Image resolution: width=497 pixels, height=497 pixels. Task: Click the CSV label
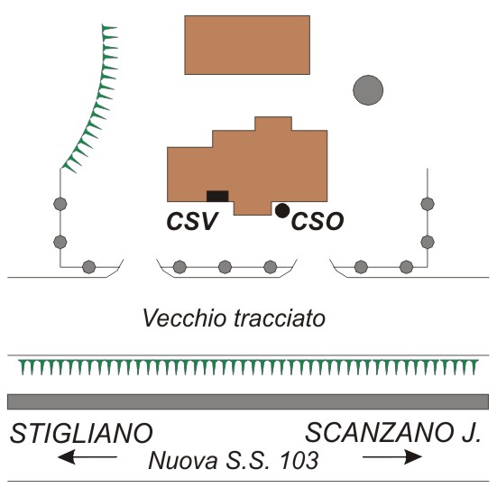click(192, 221)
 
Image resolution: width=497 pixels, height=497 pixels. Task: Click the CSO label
click(318, 221)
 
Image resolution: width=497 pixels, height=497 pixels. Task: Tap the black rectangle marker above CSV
click(217, 197)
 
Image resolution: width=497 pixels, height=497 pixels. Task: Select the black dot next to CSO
click(282, 210)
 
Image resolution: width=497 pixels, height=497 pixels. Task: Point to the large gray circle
click(368, 90)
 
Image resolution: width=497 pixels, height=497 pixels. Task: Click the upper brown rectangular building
click(247, 45)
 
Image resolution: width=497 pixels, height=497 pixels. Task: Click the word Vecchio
click(186, 318)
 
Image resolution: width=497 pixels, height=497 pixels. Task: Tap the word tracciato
click(280, 318)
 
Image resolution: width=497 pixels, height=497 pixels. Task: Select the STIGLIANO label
click(81, 433)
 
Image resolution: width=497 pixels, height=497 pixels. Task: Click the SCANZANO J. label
click(393, 433)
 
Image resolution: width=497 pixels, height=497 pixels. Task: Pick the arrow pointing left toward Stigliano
click(87, 456)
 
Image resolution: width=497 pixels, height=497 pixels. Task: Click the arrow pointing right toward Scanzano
click(392, 456)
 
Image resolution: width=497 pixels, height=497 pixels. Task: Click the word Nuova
click(182, 461)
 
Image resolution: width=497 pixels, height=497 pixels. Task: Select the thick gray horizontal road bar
click(248, 402)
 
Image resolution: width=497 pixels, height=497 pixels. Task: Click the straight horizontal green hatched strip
click(249, 367)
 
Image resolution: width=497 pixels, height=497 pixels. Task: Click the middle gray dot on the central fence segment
click(225, 267)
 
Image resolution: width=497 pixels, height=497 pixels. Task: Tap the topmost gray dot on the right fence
click(428, 204)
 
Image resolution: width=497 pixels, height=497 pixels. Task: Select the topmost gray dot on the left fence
click(60, 204)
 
